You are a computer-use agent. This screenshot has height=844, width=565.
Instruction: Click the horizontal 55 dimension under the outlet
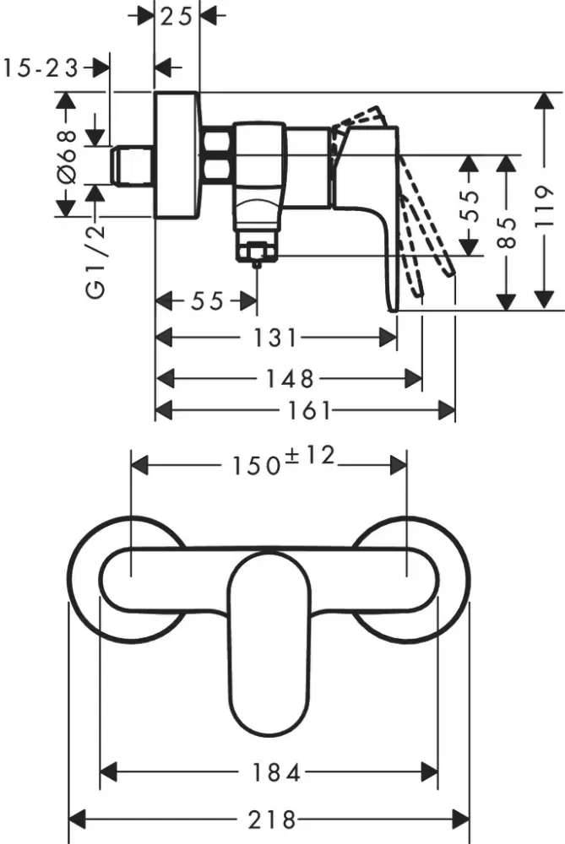[x=206, y=301]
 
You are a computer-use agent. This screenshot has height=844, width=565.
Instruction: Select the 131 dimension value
[x=276, y=338]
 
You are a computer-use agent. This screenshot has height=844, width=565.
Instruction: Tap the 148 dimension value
[x=290, y=377]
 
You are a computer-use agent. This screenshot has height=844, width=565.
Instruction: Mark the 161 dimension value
[x=306, y=410]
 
